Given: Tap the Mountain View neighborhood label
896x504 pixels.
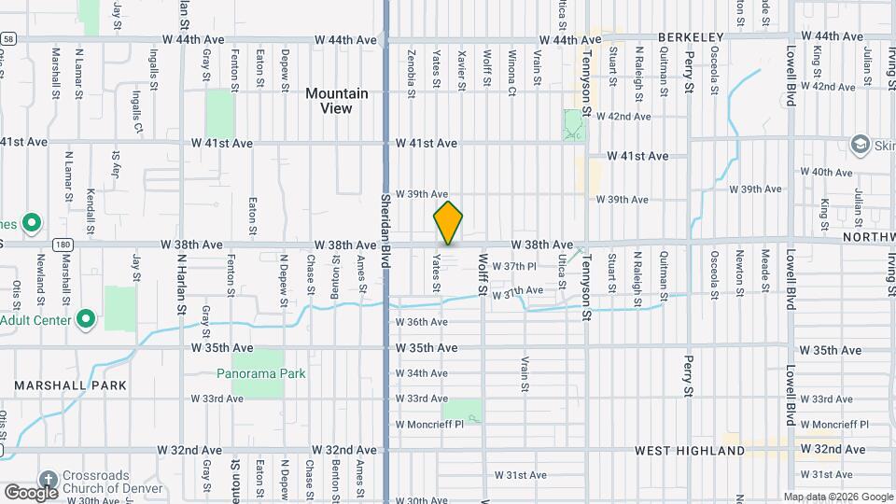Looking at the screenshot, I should tap(337, 101).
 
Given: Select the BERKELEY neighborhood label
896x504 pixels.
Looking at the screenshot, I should tap(691, 36).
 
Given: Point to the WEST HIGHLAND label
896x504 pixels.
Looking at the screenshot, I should tap(690, 451).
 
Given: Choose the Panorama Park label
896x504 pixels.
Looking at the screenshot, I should tap(261, 373).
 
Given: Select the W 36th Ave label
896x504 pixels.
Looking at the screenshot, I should tap(422, 322).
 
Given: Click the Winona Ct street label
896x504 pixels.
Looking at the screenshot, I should tap(511, 75).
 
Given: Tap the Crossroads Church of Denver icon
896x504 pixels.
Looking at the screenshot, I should tap(47, 475).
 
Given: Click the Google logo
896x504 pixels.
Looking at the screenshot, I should tap(32, 492).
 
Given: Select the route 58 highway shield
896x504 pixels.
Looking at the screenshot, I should tap(7, 39).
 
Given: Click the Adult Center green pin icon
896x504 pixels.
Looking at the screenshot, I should tap(87, 319).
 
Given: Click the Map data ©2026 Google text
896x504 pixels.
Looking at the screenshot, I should tap(837, 497).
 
